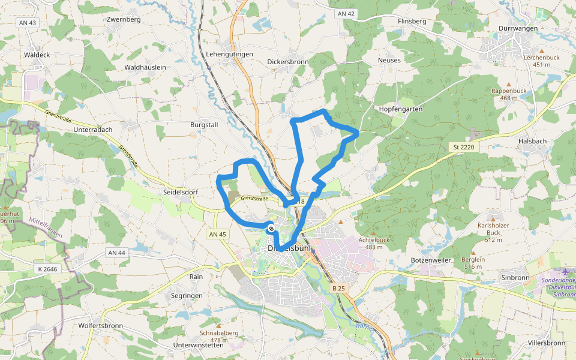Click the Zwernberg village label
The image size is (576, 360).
[123, 19]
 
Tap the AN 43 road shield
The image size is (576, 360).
[28, 23]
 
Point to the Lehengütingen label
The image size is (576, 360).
[230, 54]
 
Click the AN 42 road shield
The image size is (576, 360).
[346, 13]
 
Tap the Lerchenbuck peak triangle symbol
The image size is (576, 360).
[542, 50]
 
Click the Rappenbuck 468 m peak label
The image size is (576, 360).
[509, 94]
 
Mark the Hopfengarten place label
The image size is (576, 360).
[401, 109]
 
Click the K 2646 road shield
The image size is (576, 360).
[46, 268]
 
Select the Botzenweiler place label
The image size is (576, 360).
[431, 260]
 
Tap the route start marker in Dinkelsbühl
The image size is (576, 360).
[271, 228]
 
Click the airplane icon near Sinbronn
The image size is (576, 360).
[565, 272]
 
